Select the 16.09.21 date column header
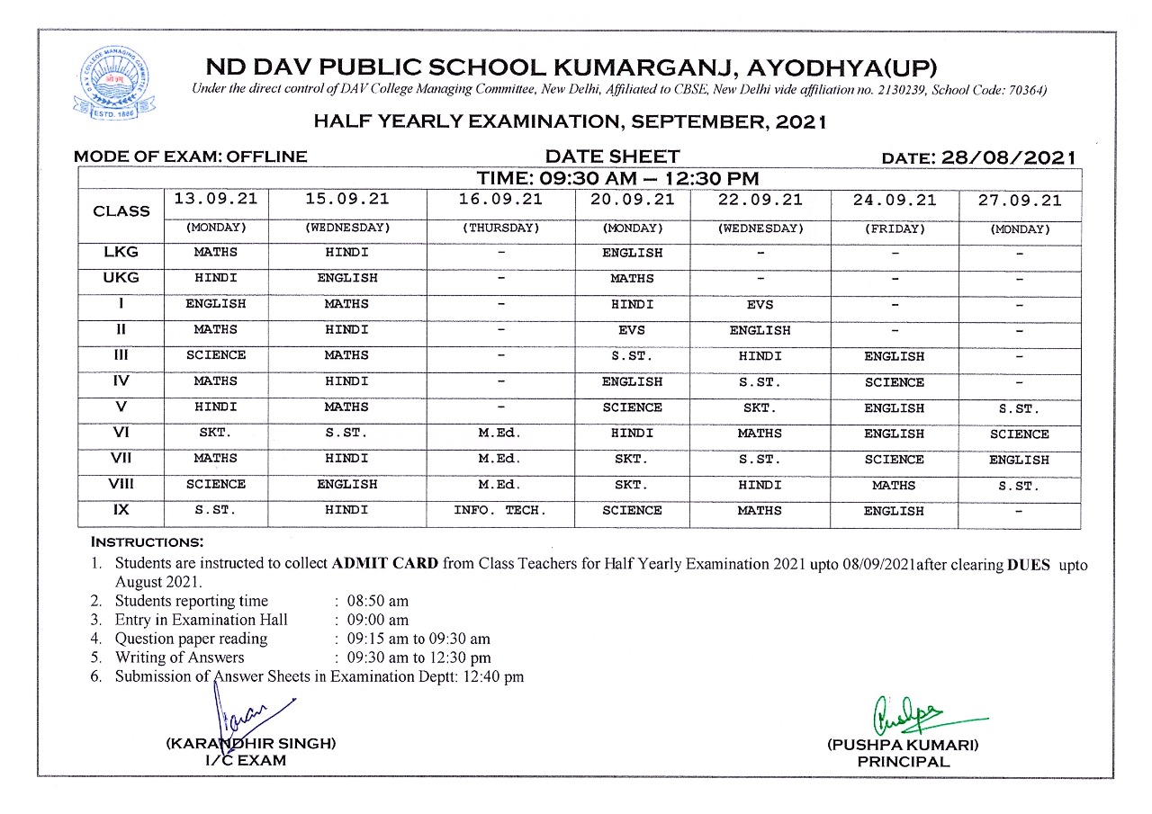coord(500,200)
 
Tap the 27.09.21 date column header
coord(1020,201)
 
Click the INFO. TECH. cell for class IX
coord(500,510)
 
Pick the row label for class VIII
coord(121,484)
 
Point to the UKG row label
coord(121,278)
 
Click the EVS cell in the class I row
coord(760,304)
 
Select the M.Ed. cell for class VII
coord(500,459)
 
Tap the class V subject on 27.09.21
coord(1020,408)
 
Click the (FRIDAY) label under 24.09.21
coord(894,228)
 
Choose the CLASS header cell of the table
coord(121,211)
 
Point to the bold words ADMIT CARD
coord(385,565)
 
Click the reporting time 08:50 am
coord(378,601)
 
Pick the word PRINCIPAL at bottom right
coord(903,762)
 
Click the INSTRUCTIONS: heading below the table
coord(147,542)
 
